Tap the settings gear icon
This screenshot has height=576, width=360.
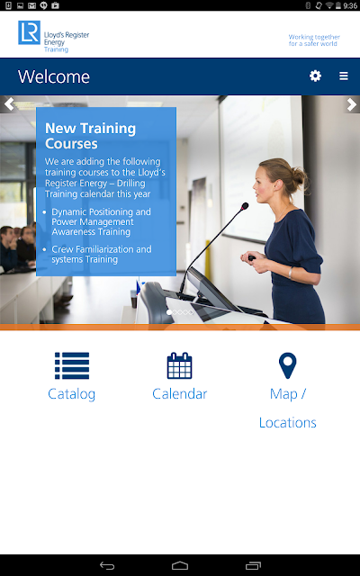tap(315, 76)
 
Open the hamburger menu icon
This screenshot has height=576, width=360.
tap(344, 76)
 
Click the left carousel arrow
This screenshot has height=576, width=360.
tap(9, 104)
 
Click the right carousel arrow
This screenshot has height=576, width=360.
tap(352, 104)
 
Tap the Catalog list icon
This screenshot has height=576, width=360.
tap(72, 365)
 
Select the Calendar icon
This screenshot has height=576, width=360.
tap(180, 365)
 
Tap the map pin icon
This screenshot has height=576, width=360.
tap(288, 365)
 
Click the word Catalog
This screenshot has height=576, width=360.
tap(72, 394)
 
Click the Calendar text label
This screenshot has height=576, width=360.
tap(180, 394)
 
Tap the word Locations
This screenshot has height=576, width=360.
tap(288, 422)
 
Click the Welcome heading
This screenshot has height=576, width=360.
tap(54, 76)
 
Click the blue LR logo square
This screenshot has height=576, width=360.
tap(30, 32)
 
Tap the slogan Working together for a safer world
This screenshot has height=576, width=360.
tap(314, 40)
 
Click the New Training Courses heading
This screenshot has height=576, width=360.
tap(90, 136)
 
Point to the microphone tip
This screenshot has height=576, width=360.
tap(245, 206)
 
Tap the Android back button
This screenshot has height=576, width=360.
tap(107, 566)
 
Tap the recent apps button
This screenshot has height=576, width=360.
tap(253, 566)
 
